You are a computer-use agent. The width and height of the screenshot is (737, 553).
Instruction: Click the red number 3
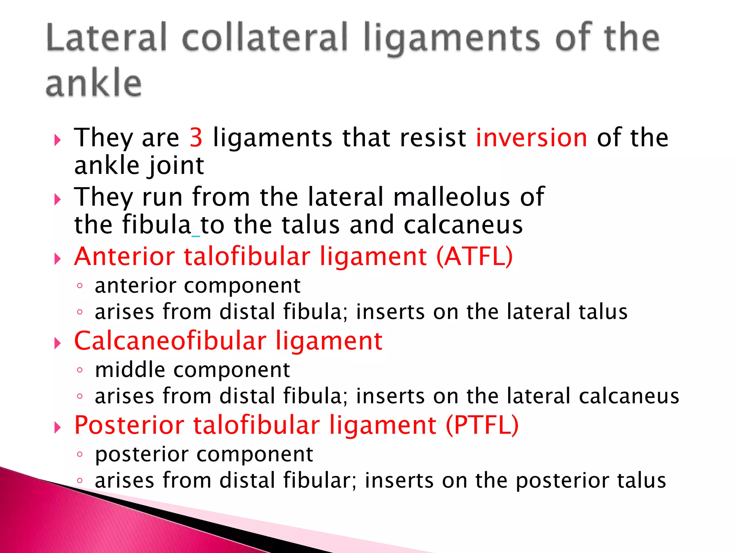point(196,138)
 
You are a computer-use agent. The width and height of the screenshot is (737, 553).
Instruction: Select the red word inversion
point(532,138)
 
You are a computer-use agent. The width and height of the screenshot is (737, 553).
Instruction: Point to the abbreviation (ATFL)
point(474,256)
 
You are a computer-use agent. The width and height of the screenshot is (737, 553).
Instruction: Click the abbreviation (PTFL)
point(482,425)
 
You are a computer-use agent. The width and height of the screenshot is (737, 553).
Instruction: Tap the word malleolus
point(452,197)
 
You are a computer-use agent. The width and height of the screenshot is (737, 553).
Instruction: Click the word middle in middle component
point(130,370)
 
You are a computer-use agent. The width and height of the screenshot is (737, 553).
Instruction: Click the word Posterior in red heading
point(129,425)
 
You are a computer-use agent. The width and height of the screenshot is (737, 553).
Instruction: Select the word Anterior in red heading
point(125,256)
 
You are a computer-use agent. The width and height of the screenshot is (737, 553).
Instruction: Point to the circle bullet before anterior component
point(80,286)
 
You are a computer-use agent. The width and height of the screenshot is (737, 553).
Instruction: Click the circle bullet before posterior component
point(80,454)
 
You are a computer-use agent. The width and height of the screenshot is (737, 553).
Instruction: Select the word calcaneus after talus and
point(463,225)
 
